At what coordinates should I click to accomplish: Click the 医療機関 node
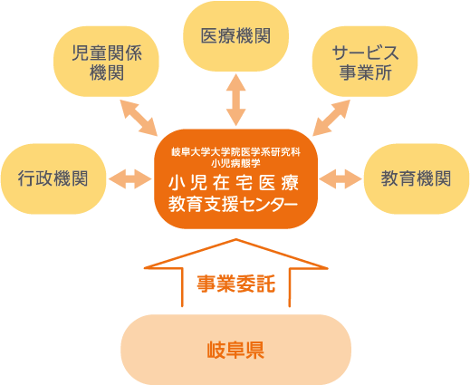(236, 36)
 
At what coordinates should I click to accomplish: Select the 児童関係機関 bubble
(106, 62)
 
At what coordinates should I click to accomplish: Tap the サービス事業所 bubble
(365, 62)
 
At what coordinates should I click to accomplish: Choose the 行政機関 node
(53, 178)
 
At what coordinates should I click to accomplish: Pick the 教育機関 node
(417, 178)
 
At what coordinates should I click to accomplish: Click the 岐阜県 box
(236, 350)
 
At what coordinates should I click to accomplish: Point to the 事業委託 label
(236, 284)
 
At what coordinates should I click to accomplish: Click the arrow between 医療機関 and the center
(236, 100)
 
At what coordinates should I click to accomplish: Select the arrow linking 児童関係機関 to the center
(139, 118)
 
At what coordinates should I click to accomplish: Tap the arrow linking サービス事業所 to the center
(331, 118)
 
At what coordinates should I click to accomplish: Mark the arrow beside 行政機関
(130, 179)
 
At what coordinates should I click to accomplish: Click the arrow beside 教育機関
(341, 179)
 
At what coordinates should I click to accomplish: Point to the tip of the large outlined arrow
(236, 239)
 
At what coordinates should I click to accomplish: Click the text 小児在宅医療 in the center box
(234, 183)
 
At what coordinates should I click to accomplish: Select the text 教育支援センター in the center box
(233, 204)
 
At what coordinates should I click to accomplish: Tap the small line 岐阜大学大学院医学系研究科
(236, 152)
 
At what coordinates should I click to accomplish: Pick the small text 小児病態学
(236, 163)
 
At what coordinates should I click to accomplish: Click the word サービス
(366, 53)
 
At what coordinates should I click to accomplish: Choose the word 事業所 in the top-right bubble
(366, 72)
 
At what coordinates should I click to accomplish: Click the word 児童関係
(107, 53)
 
